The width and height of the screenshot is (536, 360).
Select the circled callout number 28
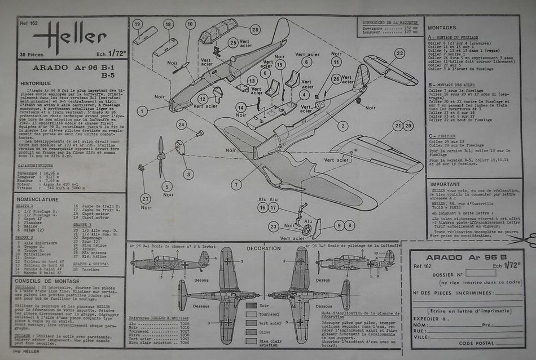click(x=255, y=29)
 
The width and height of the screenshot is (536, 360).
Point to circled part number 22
click(x=399, y=54)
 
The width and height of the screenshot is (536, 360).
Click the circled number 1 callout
click(x=142, y=111)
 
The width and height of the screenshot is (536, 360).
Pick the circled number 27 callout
click(x=146, y=198)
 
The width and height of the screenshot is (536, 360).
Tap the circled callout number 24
click(x=181, y=125)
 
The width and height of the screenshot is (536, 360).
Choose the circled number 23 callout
click(x=273, y=227)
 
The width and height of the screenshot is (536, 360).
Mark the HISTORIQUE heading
click(x=36, y=83)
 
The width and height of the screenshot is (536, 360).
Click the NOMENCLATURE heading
click(x=38, y=199)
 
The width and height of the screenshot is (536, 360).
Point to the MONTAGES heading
click(x=442, y=27)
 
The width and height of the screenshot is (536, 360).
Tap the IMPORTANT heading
click(x=445, y=184)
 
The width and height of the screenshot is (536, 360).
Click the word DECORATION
click(x=263, y=248)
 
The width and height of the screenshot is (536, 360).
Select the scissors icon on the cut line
click(x=528, y=240)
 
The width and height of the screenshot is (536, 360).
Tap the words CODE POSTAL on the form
click(x=477, y=343)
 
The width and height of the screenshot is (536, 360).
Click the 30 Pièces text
click(x=32, y=55)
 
